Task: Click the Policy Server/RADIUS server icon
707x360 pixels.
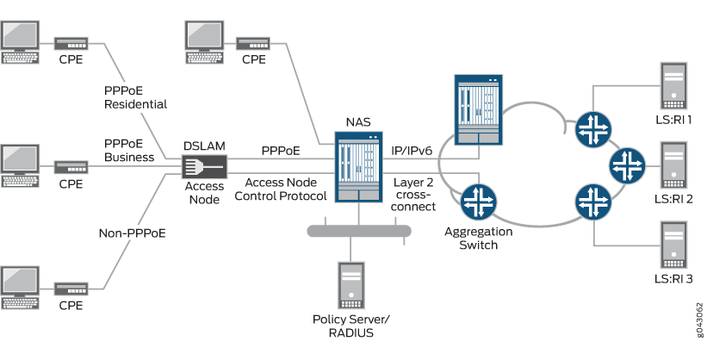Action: (x=351, y=285)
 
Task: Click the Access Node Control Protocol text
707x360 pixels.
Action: (x=285, y=189)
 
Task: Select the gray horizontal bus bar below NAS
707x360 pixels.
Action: (x=359, y=230)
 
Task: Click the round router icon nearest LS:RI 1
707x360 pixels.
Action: (x=593, y=127)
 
